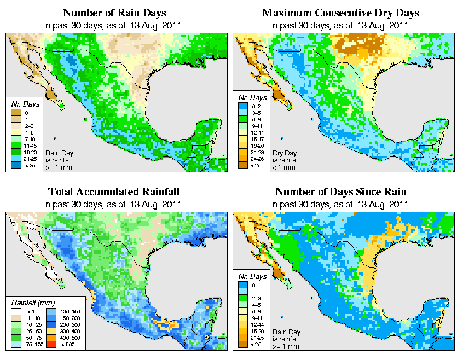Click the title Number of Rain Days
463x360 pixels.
click(114, 13)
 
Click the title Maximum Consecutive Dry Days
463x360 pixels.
click(341, 13)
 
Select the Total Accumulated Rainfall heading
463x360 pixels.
click(114, 192)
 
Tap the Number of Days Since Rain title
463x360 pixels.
click(341, 192)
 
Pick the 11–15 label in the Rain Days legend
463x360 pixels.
click(29, 145)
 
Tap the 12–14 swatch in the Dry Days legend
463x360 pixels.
click(242, 132)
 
